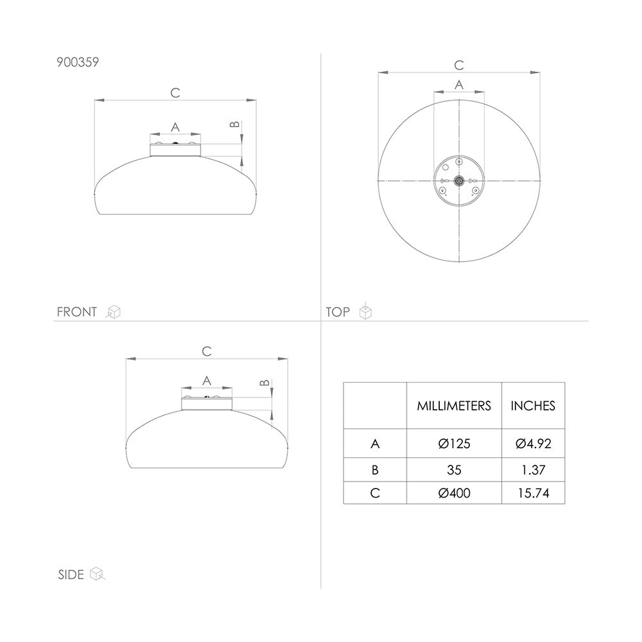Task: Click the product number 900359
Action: point(78,62)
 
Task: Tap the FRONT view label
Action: point(77,312)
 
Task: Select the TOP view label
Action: point(338,312)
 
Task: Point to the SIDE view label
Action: point(71,575)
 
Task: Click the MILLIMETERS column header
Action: point(454,406)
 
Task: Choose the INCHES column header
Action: point(533,406)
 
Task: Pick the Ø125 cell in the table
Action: point(454,444)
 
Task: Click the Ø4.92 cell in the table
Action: point(533,444)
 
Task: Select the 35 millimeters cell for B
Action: point(454,470)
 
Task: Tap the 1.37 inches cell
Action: point(533,470)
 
